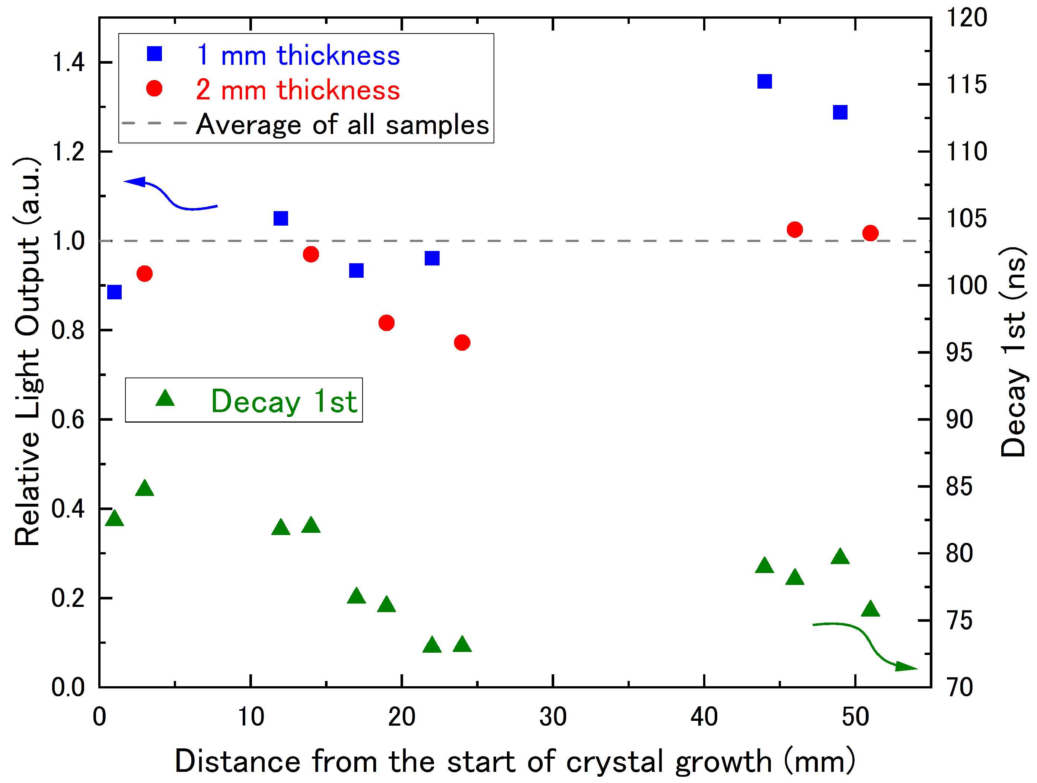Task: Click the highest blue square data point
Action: coord(764,82)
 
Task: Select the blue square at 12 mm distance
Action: coord(280,219)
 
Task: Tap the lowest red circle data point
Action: coord(462,343)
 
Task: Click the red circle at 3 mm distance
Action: coord(144,274)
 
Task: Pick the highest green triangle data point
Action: coord(144,488)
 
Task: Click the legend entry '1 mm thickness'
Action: coord(298,55)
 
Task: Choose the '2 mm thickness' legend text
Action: coord(298,90)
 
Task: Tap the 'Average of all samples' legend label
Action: coord(342,125)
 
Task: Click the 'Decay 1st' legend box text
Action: coord(284,401)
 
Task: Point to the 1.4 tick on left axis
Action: coord(68,62)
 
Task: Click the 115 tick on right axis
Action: coord(966,85)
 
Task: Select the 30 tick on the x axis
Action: coord(553,717)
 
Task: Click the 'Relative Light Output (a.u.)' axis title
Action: coord(27,351)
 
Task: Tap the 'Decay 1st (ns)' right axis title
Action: coord(1013,351)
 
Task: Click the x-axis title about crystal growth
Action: coord(515,761)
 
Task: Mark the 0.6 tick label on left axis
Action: coord(68,420)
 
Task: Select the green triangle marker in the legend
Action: coord(165,398)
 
